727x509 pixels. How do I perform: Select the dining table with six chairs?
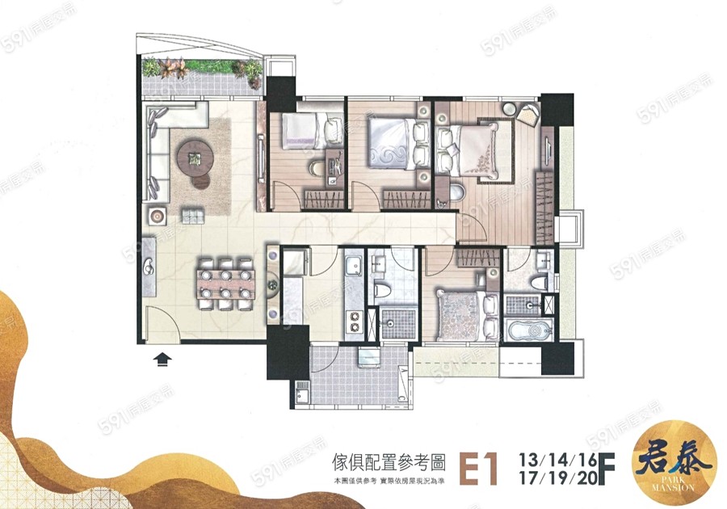226,284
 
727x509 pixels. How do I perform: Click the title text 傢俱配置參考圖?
389,461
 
